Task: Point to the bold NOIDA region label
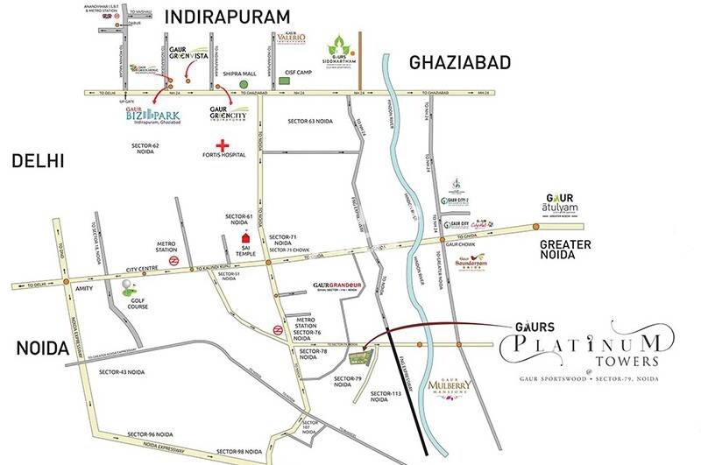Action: [42, 349]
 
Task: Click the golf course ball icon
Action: [129, 285]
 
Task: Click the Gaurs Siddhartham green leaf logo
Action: [339, 46]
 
